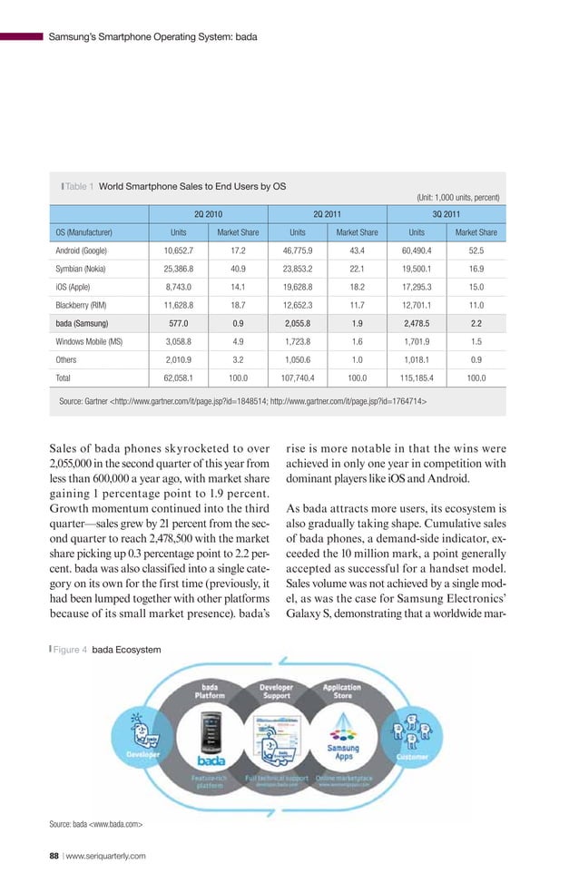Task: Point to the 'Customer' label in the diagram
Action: tap(417, 755)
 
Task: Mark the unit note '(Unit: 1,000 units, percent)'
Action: tap(458, 196)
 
